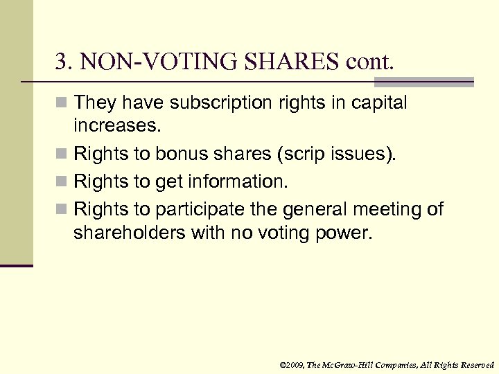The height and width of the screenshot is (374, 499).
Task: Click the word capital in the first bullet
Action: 379,103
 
